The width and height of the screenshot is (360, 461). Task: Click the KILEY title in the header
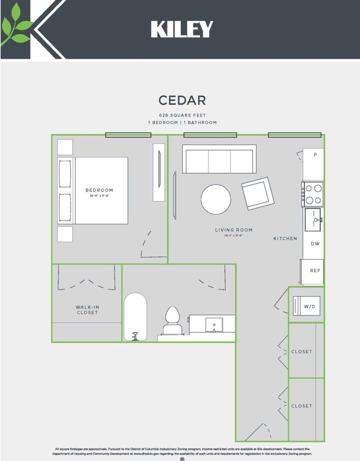(182, 29)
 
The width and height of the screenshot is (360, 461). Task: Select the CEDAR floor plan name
(182, 100)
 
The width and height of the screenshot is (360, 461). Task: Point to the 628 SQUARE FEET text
(182, 115)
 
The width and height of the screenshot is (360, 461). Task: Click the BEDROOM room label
(99, 190)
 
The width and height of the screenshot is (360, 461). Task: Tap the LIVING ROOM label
(233, 230)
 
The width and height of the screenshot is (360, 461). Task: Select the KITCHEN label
(285, 238)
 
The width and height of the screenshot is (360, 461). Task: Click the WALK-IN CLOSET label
(87, 310)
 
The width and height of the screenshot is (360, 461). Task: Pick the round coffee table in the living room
(215, 199)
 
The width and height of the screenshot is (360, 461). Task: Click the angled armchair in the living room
(257, 193)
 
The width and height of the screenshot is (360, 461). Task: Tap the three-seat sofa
(219, 160)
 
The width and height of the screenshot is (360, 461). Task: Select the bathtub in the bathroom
(135, 316)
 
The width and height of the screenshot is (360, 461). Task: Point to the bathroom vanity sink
(214, 324)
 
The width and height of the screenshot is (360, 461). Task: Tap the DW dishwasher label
(315, 243)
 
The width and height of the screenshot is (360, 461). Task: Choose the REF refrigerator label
(315, 270)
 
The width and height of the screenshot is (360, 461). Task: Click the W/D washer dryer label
(309, 306)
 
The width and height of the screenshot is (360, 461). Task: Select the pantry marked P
(315, 155)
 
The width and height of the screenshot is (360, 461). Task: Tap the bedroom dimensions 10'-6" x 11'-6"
(99, 196)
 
